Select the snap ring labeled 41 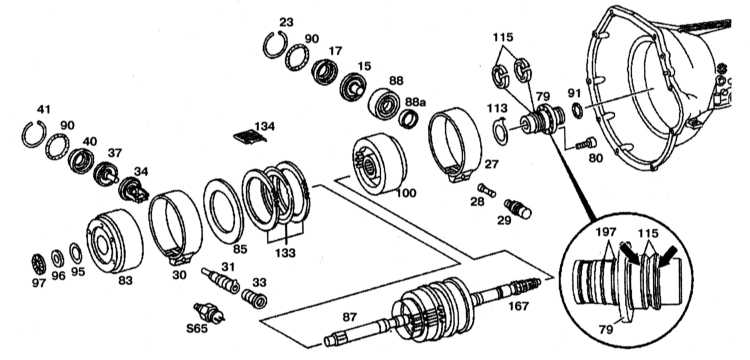point(24,136)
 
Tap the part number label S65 point(197,328)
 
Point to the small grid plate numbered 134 point(249,137)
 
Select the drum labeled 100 point(379,164)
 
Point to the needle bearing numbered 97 point(38,264)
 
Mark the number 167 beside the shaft point(518,305)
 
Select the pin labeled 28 point(486,190)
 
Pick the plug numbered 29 point(518,209)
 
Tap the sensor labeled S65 point(209,313)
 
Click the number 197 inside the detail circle point(607,234)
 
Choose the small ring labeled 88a point(409,119)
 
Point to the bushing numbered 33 point(254,299)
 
